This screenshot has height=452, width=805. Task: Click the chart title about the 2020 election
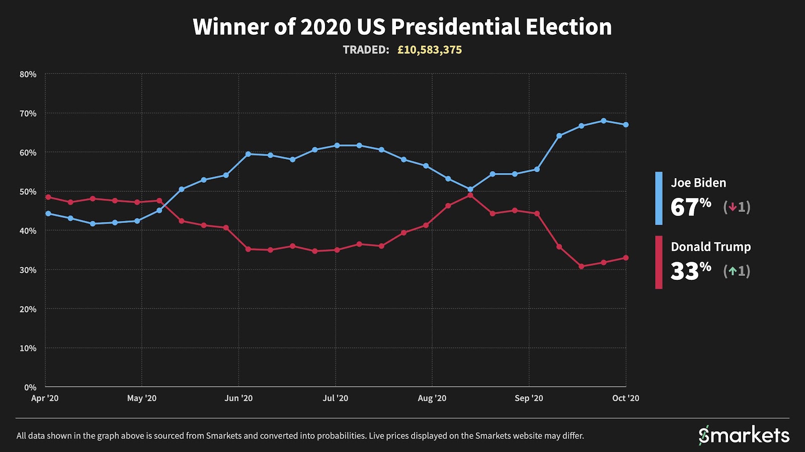402,27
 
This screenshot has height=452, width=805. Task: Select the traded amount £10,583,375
429,50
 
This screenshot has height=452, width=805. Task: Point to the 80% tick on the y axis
28,74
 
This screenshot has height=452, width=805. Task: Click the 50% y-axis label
28,192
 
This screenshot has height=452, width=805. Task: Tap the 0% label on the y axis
30,387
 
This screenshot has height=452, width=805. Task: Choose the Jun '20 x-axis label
238,398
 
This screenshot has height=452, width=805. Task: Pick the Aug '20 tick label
432,398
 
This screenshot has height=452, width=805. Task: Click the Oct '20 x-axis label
625,398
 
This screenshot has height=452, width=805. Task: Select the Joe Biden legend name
698,183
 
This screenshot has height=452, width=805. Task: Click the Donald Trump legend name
710,247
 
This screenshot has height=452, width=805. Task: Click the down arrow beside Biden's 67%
733,207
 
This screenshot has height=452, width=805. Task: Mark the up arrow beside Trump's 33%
733,271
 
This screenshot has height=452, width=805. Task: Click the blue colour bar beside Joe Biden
659,198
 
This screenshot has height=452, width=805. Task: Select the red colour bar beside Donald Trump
659,262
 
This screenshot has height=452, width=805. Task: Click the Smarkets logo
744,435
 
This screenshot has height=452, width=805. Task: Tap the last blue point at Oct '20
626,125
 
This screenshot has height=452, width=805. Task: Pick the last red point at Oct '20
626,258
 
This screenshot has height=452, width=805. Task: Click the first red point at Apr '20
48,197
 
